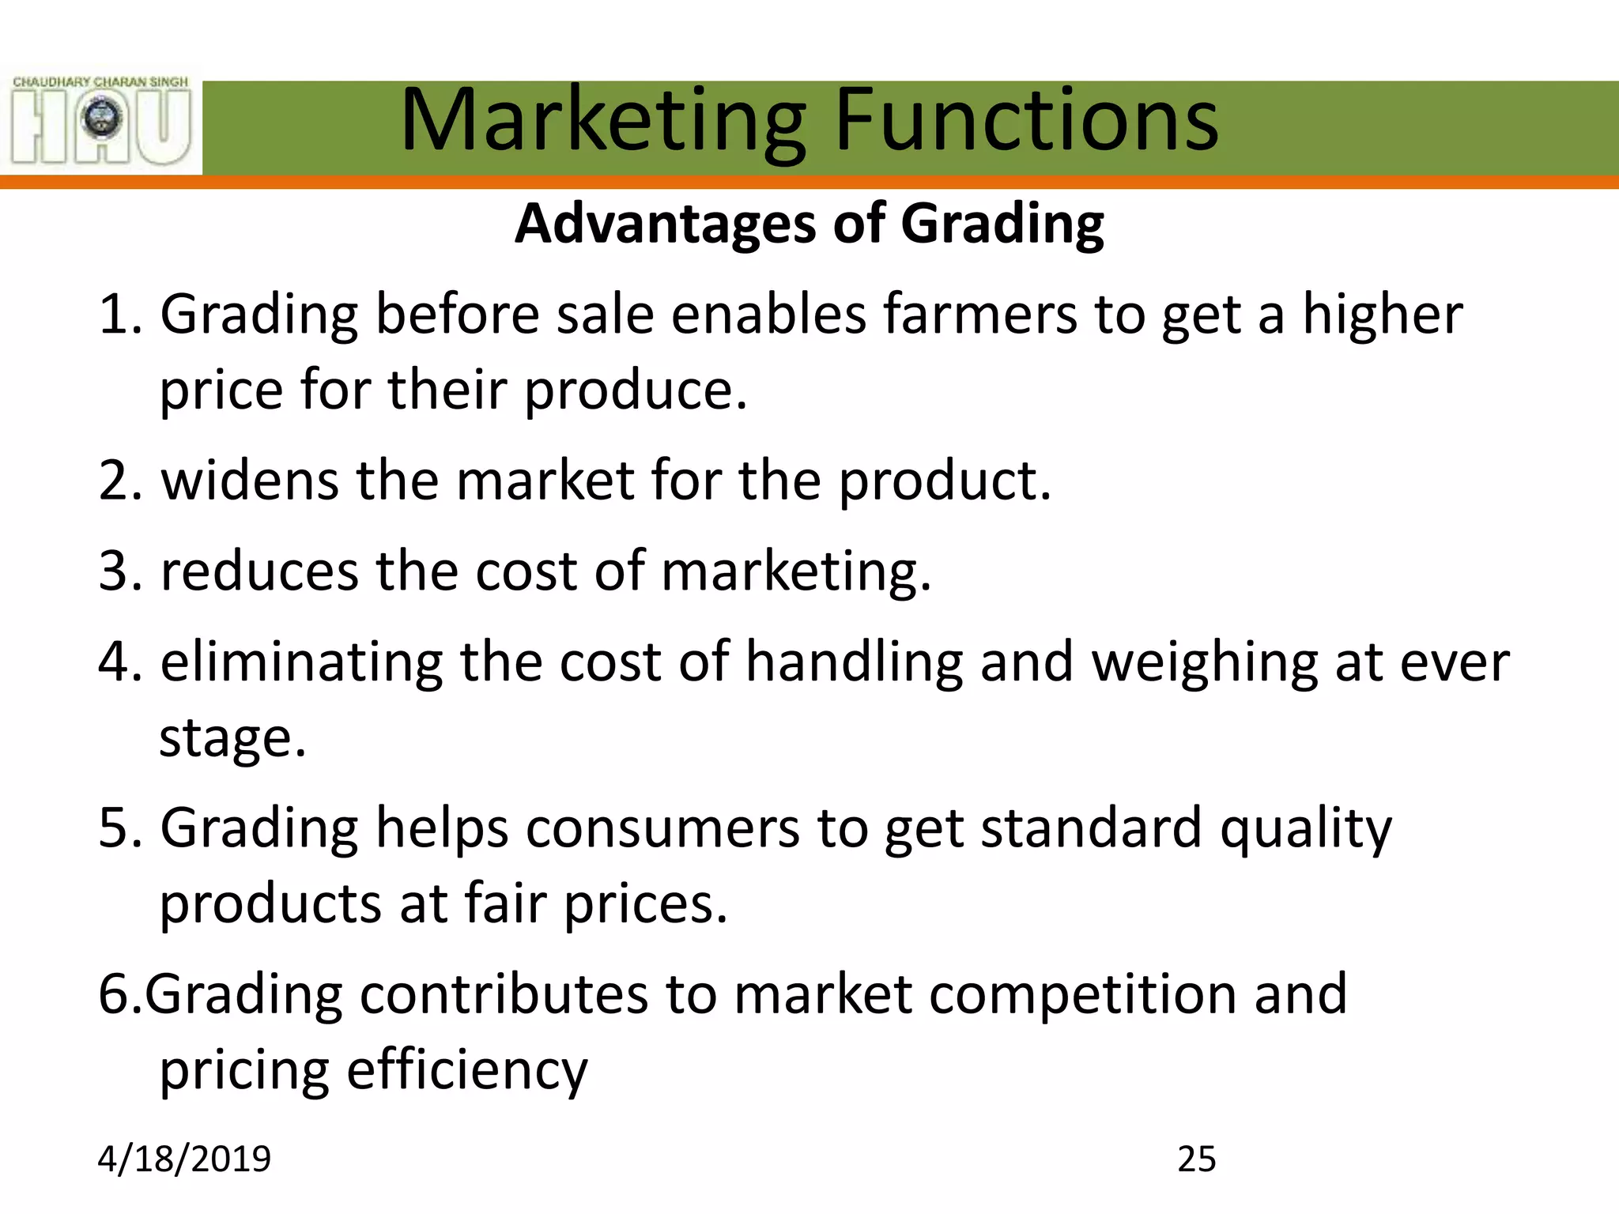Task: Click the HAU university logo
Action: click(101, 121)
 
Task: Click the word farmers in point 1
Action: click(979, 315)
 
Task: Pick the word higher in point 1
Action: click(1382, 315)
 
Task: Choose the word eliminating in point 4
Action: click(301, 662)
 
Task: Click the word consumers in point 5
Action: click(662, 828)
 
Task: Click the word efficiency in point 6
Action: click(467, 1071)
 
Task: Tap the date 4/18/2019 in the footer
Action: click(184, 1159)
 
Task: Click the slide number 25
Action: click(1196, 1159)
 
